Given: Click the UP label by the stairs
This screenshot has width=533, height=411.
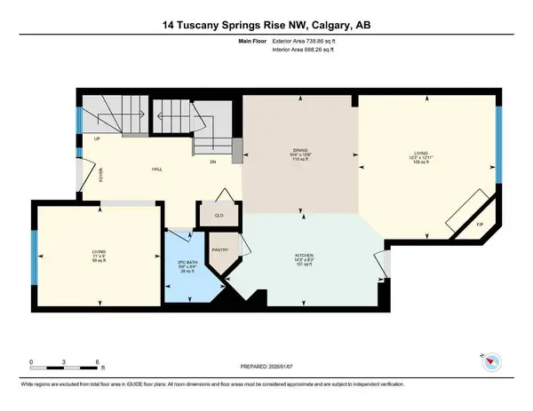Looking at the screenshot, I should click(96, 140).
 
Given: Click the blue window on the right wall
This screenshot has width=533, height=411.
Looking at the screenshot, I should click(498, 142).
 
